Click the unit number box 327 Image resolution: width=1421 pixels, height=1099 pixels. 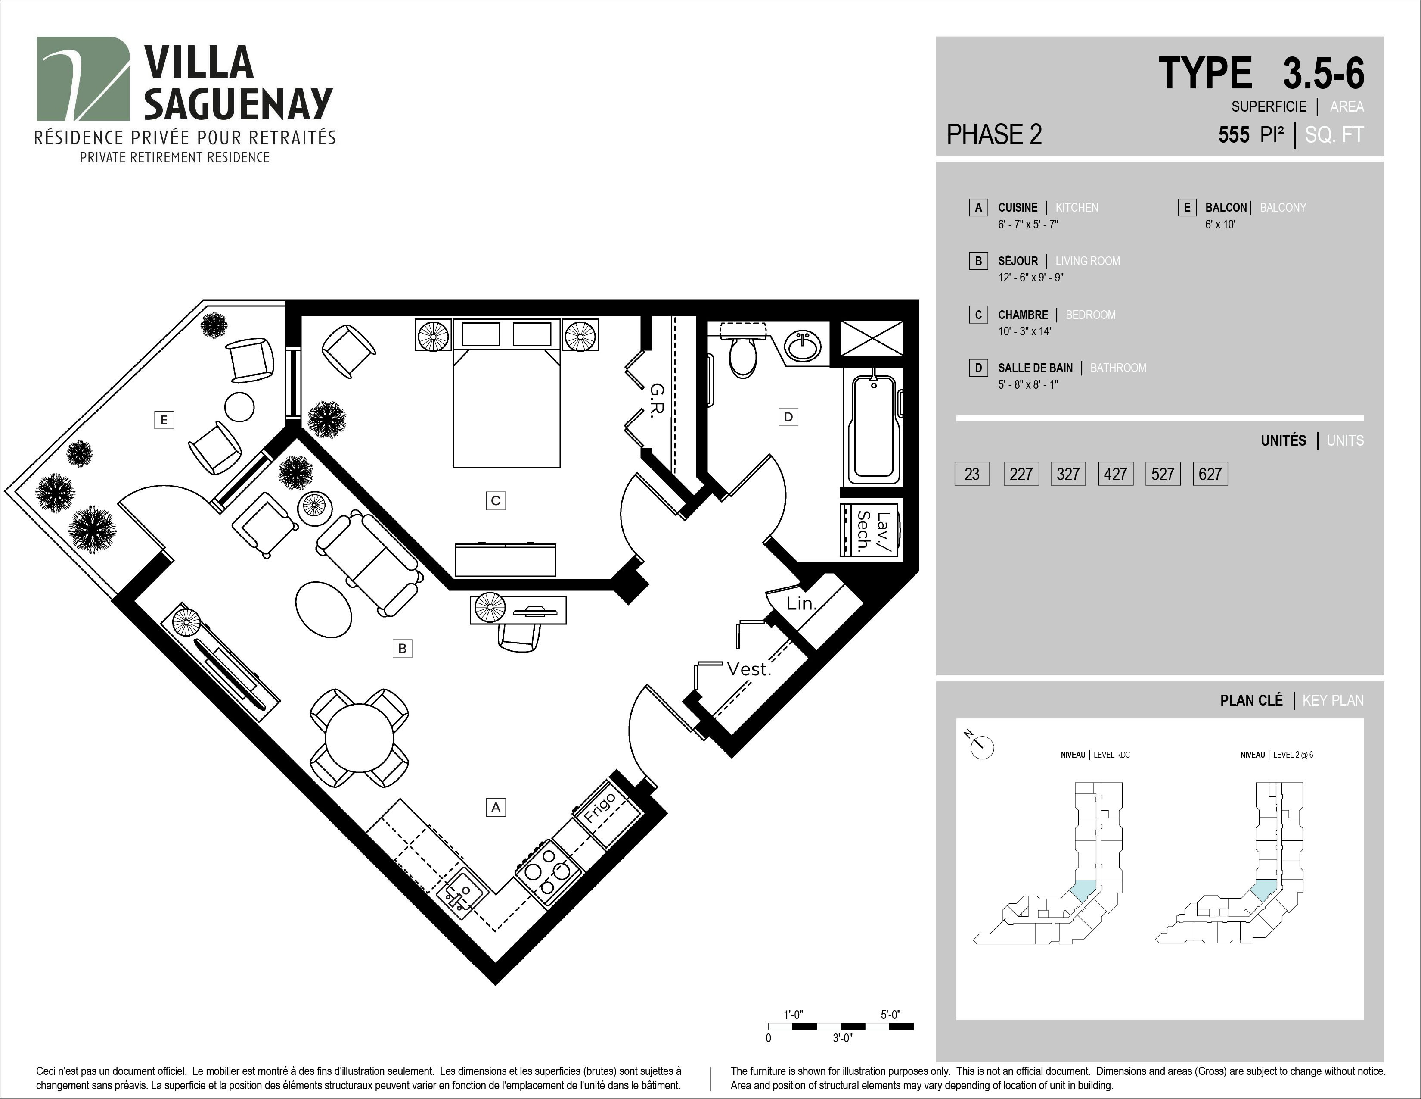point(1068,474)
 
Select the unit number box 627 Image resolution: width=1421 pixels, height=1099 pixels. point(1210,474)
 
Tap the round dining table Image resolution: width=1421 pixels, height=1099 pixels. point(359,738)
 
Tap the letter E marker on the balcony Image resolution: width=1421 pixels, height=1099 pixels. point(163,420)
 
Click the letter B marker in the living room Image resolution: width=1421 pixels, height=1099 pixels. point(402,649)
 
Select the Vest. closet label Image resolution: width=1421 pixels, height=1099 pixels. point(748,669)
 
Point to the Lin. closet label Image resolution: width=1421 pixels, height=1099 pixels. point(800,603)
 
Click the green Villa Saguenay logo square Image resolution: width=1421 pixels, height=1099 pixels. point(83,78)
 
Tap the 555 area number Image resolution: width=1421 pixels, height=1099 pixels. point(1234,135)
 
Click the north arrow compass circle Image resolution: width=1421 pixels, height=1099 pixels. point(983,747)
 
